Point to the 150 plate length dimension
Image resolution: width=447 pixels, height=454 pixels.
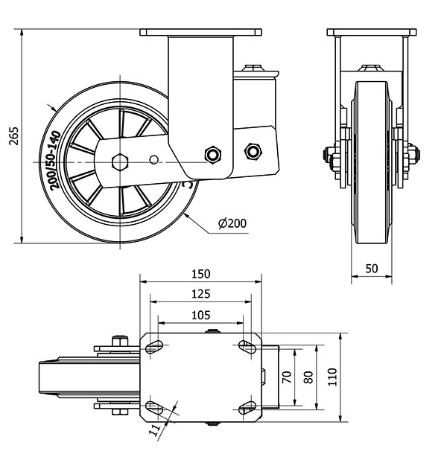pyautogui.click(x=201, y=273)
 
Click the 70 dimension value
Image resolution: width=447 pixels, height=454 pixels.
pyautogui.click(x=286, y=376)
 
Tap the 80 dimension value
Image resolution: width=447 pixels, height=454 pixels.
pyautogui.click(x=307, y=376)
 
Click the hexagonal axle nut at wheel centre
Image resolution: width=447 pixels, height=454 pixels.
pyautogui.click(x=118, y=162)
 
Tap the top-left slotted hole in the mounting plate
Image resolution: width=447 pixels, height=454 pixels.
pyautogui.click(x=154, y=345)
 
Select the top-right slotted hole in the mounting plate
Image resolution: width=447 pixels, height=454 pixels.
pyautogui.click(x=246, y=345)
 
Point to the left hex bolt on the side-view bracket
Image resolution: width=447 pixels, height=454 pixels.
pyautogui.click(x=214, y=154)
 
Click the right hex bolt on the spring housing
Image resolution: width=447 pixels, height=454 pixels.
pyautogui.click(x=253, y=151)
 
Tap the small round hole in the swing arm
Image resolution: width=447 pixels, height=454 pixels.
pyautogui.click(x=154, y=159)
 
